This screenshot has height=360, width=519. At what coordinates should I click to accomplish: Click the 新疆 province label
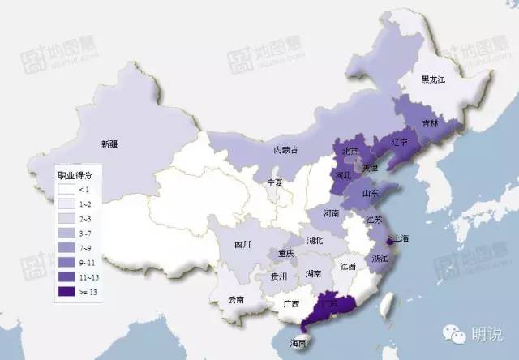(x=109, y=144)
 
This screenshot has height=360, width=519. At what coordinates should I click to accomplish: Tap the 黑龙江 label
(x=437, y=80)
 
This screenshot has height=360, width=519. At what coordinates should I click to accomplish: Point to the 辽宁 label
(x=400, y=141)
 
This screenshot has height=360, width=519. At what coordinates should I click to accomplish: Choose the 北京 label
(x=350, y=151)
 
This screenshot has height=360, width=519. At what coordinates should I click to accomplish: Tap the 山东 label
(x=371, y=193)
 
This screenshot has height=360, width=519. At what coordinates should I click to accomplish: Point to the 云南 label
(x=235, y=299)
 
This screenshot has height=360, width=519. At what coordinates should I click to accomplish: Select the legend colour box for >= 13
(x=67, y=291)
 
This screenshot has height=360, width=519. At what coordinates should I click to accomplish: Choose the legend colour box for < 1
(x=67, y=189)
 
